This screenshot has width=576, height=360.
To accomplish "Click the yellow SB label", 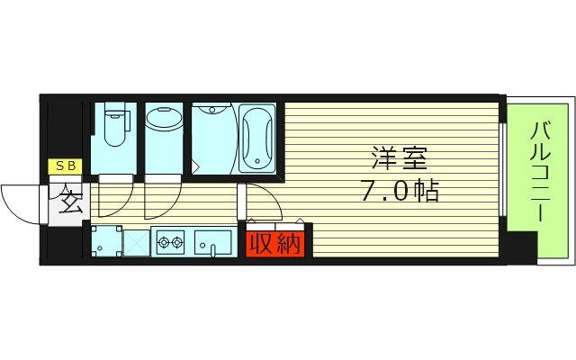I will tap(67, 166).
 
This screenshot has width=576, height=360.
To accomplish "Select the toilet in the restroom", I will tap(113, 127).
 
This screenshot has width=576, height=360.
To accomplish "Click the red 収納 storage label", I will tap(274, 243).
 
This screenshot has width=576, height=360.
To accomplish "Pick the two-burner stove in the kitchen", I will tap(171, 241).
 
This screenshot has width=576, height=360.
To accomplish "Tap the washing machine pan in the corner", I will tap(105, 241).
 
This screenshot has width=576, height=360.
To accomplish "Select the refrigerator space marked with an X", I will tap(137, 242).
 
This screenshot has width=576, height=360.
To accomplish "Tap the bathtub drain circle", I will tap(259, 163).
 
